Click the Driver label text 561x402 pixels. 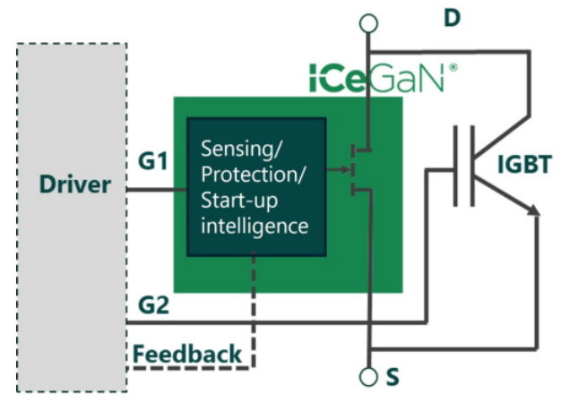[x=75, y=185]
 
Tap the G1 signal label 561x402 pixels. [x=153, y=162]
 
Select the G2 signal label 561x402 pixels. [x=153, y=305]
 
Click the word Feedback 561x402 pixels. [x=187, y=354]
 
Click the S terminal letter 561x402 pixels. [x=392, y=377]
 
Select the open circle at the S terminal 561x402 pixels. [x=368, y=376]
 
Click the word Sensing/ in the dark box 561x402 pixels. [x=237, y=147]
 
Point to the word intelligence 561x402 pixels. [x=255, y=225]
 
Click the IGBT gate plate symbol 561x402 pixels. [x=462, y=166]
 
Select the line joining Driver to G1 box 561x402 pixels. [x=157, y=191]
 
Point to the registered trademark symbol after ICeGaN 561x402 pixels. [x=453, y=65]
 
